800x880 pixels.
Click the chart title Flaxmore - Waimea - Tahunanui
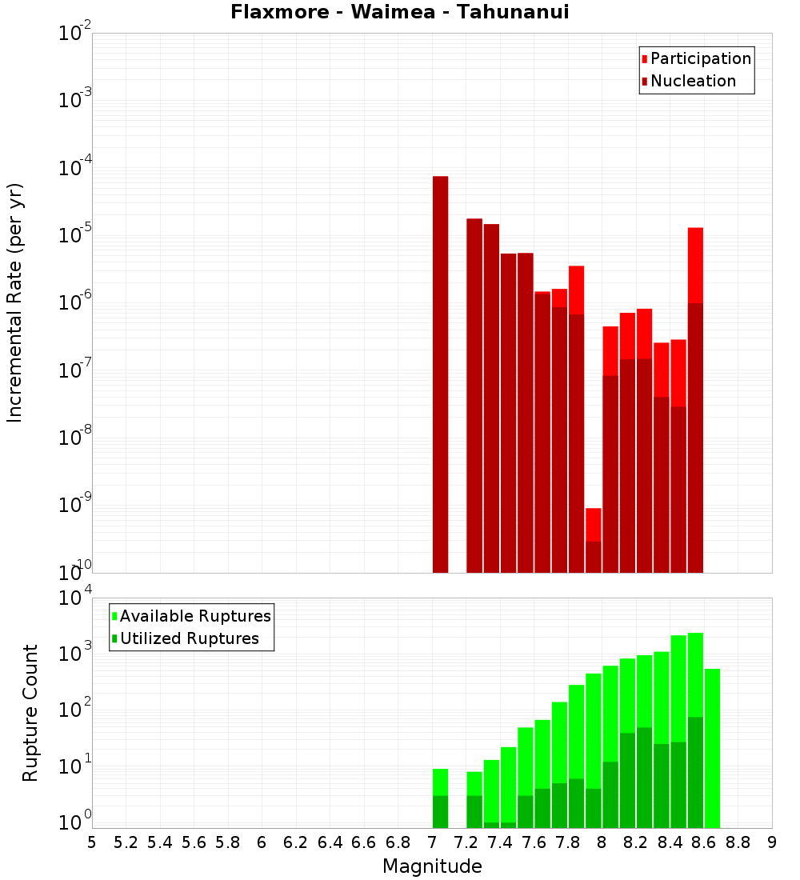coord(400,13)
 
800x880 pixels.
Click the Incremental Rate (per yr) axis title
coord(14,302)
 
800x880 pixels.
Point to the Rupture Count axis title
coord(30,712)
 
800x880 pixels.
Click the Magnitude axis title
coord(432,866)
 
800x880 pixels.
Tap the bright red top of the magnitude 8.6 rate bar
coord(695,264)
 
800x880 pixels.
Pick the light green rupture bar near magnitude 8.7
coord(712,748)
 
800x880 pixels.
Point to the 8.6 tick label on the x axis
coord(704,842)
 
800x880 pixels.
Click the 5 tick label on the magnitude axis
coord(92,842)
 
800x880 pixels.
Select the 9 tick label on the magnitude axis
coord(772,842)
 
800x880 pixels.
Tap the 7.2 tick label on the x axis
coord(466,842)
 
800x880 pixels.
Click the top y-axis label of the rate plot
coord(74,34)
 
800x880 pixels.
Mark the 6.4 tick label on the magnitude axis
coord(330,842)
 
